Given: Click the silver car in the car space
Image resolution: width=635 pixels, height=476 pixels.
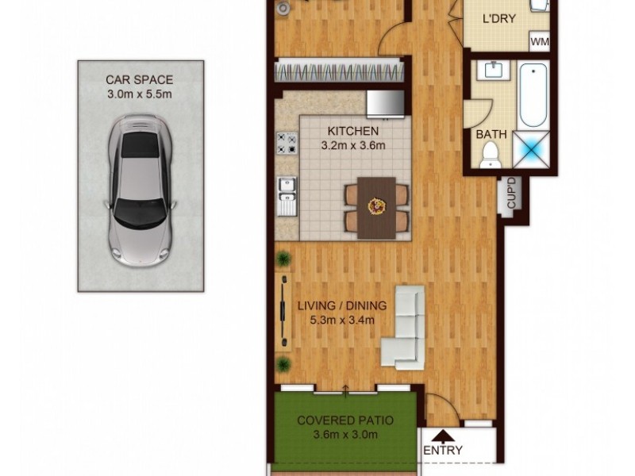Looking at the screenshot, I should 140,189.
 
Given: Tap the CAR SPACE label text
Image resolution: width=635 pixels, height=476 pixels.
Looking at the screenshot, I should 140,80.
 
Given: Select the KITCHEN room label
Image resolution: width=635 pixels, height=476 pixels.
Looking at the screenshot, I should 353,131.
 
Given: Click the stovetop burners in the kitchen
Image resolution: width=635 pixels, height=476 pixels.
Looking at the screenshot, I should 286,143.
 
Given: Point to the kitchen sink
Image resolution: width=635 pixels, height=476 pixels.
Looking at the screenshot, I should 287,196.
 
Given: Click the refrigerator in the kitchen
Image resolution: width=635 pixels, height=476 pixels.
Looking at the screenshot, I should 385,102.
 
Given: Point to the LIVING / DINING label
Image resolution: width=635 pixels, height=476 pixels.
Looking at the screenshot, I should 342,305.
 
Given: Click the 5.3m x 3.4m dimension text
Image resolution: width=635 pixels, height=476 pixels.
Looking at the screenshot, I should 342,320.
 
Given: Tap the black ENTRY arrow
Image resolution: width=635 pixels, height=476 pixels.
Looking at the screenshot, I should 442,435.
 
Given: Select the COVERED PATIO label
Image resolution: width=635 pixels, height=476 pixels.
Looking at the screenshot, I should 345,420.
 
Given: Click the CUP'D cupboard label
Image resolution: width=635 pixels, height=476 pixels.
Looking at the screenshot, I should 512,194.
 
